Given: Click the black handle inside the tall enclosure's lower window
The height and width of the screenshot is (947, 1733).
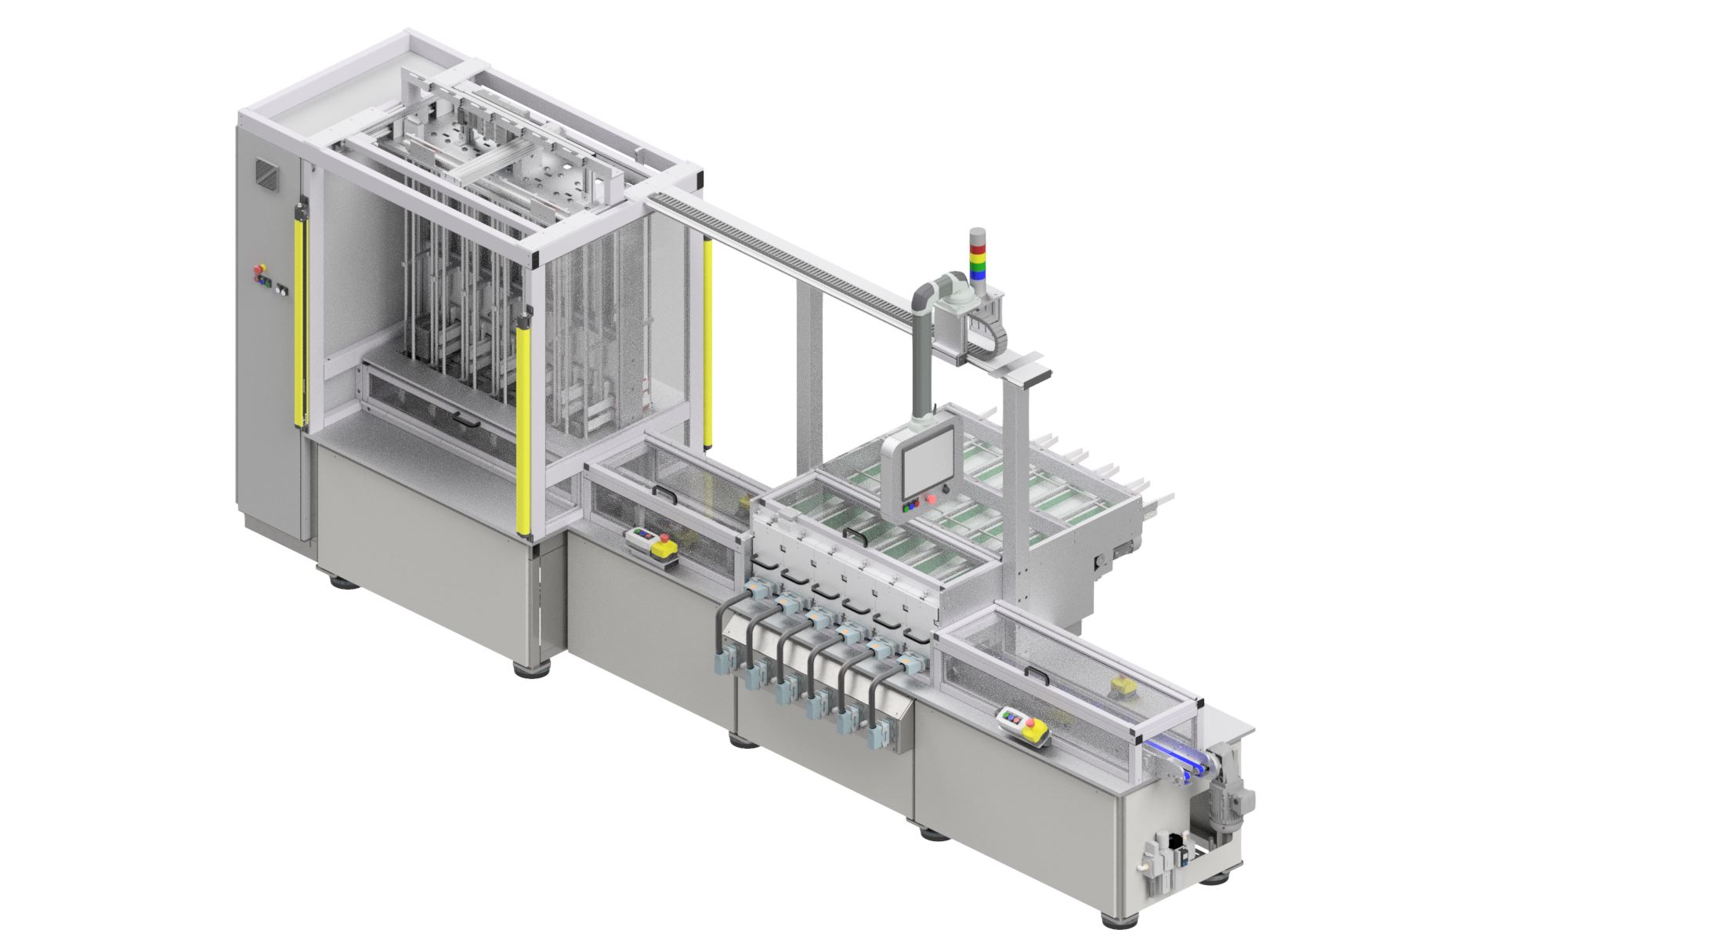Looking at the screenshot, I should pyautogui.click(x=468, y=423).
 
